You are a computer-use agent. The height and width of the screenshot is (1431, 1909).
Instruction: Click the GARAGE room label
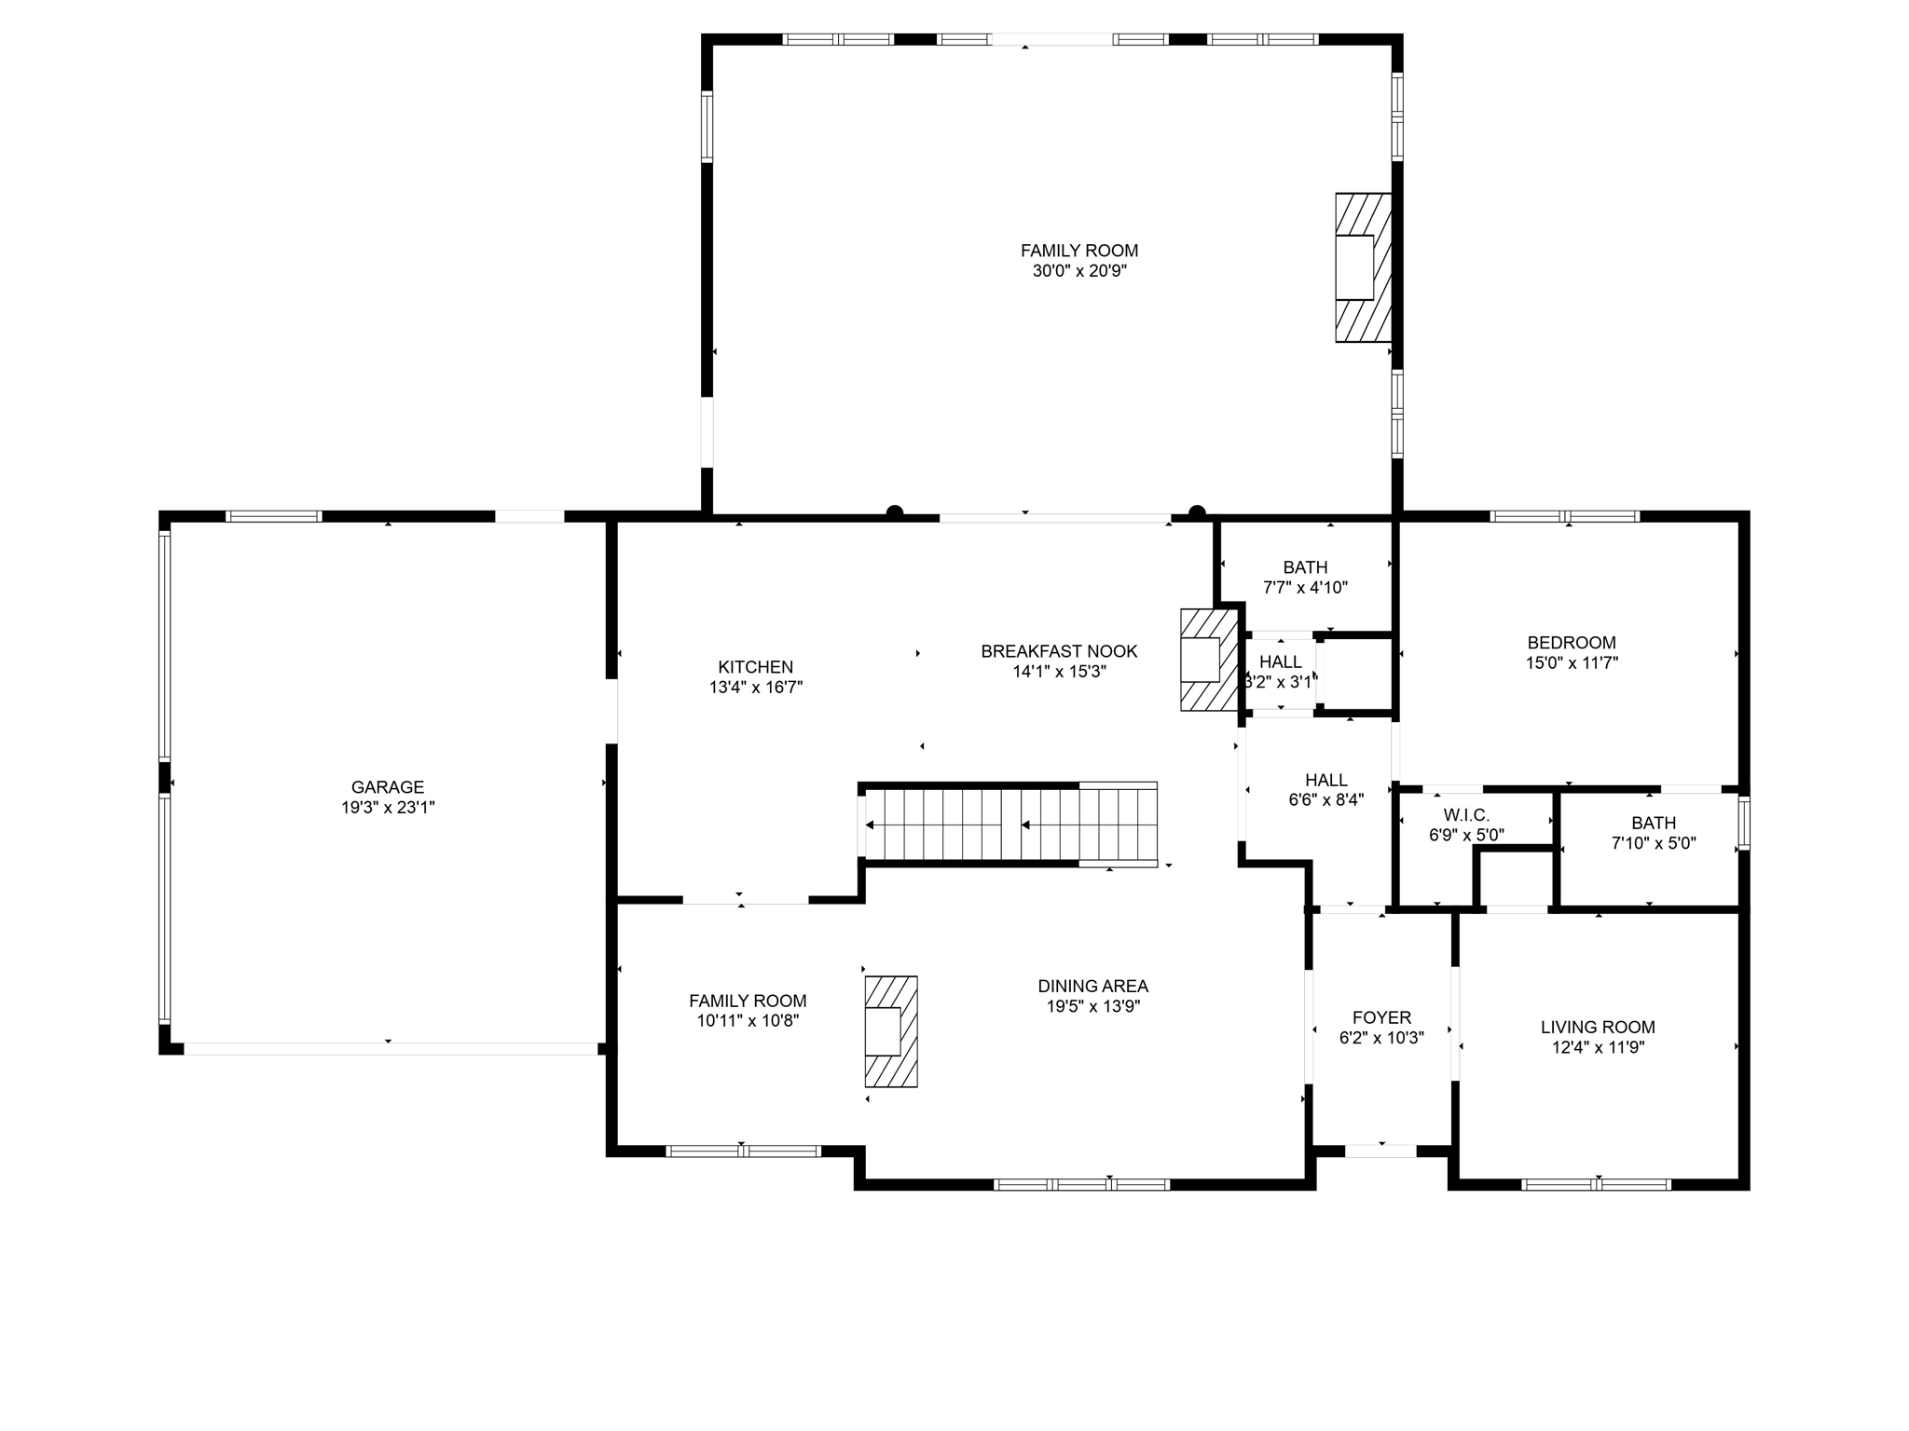click(x=388, y=787)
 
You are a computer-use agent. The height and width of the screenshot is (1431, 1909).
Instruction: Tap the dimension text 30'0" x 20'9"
click(x=1079, y=271)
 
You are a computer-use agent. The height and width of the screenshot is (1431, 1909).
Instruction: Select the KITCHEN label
click(x=755, y=667)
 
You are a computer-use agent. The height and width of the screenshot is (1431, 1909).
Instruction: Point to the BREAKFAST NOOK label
click(x=1059, y=651)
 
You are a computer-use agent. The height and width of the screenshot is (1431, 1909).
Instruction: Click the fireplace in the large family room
click(x=1363, y=267)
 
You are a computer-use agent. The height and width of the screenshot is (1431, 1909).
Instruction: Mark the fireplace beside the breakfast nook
click(x=1208, y=660)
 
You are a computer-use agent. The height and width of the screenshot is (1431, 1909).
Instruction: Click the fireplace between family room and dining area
click(x=891, y=1031)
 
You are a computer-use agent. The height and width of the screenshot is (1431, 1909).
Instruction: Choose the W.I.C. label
click(x=1466, y=815)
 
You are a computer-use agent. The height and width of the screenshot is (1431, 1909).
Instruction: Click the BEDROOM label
click(x=1572, y=643)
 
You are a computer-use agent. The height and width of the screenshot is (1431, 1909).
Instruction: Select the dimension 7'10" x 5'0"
click(x=1654, y=843)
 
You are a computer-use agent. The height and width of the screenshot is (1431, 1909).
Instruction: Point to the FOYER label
click(x=1381, y=1018)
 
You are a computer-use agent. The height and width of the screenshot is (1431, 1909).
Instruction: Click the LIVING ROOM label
click(x=1598, y=1027)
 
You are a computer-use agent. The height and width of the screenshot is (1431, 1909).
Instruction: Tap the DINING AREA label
click(x=1092, y=986)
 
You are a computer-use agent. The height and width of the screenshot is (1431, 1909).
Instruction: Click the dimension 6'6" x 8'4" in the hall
click(x=1325, y=799)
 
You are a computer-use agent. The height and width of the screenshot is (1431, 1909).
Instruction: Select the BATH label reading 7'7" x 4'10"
click(x=1305, y=567)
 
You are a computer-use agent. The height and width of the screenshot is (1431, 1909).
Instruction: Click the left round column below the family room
click(x=895, y=511)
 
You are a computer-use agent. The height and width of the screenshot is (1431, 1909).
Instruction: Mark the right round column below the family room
click(x=1197, y=511)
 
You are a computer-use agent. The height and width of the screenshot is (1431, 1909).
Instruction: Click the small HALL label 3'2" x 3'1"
click(x=1280, y=661)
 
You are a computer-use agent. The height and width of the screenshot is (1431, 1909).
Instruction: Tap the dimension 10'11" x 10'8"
click(x=748, y=1020)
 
